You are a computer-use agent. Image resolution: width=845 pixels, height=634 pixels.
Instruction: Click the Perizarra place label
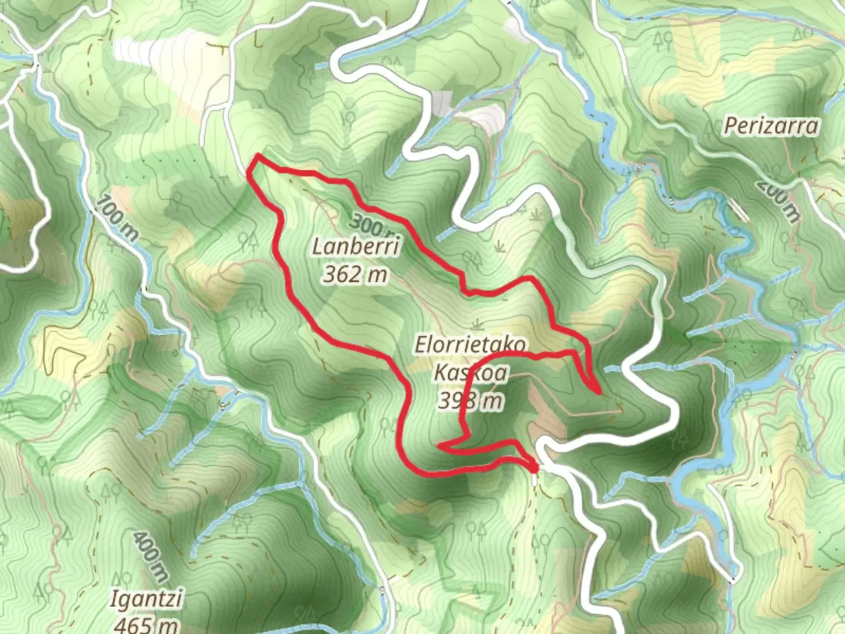coord(770,126)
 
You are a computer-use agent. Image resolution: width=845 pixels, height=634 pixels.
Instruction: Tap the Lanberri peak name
coord(356,247)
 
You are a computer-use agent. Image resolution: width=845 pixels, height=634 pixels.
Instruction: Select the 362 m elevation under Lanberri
coord(355,274)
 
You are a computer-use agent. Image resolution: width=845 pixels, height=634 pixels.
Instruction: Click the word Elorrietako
coord(471,345)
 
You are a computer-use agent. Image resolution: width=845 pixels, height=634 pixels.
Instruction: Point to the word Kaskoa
coord(471,373)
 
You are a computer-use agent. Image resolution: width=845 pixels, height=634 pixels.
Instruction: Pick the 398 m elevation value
coord(471,400)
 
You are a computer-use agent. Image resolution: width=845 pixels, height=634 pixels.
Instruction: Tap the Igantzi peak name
coord(147,600)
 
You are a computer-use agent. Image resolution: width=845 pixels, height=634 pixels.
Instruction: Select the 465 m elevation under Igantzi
coord(147,623)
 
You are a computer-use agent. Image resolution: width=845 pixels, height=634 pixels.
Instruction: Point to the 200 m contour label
coord(778,200)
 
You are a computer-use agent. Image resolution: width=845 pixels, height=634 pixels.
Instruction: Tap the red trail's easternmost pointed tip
coord(597,392)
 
